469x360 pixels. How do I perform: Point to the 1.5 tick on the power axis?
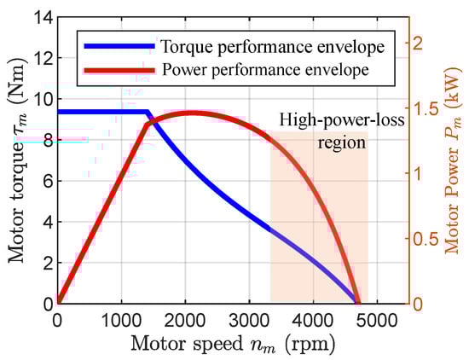coord(426,108)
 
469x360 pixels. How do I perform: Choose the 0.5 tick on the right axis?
coord(426,239)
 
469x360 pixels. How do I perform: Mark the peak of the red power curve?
coord(189,112)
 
